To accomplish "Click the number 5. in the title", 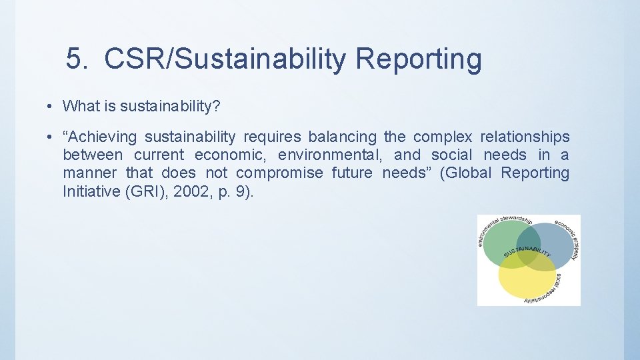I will coord(77,59).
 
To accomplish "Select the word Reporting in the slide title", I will coord(418,59).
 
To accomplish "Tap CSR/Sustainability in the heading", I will coord(225,59).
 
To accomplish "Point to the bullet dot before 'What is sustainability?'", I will coord(50,106).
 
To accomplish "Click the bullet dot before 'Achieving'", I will coord(50,137).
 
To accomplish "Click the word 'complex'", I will coord(442,137).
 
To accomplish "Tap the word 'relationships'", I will coord(525,137).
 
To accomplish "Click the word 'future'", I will coord(353,173).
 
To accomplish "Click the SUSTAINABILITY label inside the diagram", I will coord(527,253).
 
